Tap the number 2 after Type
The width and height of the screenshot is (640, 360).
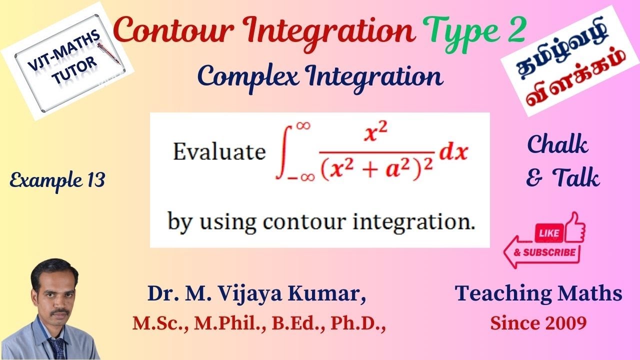pyautogui.click(x=513, y=31)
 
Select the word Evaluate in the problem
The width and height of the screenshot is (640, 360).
pyautogui.click(x=219, y=152)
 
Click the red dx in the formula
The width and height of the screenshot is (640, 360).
pyautogui.click(x=453, y=151)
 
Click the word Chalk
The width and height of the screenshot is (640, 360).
pyautogui.click(x=558, y=145)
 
